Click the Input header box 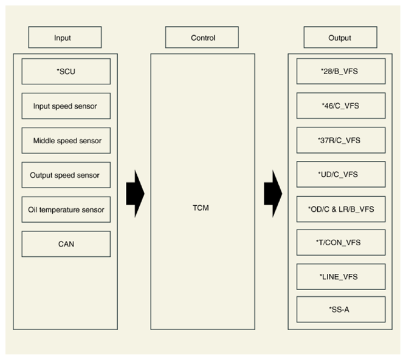[x=65, y=37]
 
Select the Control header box [x=202, y=37]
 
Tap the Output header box [x=340, y=37]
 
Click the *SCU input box [x=66, y=72]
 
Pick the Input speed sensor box [x=66, y=106]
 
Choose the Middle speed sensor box [x=66, y=140]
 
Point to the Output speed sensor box [x=66, y=175]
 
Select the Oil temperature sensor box [x=66, y=209]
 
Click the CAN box [x=66, y=244]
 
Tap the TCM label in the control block [x=201, y=208]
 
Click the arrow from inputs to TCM [x=135, y=194]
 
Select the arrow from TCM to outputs [x=273, y=194]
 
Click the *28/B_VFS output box [x=341, y=71]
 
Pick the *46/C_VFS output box [x=341, y=106]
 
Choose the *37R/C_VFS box [x=341, y=140]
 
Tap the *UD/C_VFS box [x=341, y=174]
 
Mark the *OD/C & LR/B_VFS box [x=341, y=209]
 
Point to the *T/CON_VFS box [x=341, y=243]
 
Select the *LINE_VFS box [x=341, y=277]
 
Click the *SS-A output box [x=341, y=310]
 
